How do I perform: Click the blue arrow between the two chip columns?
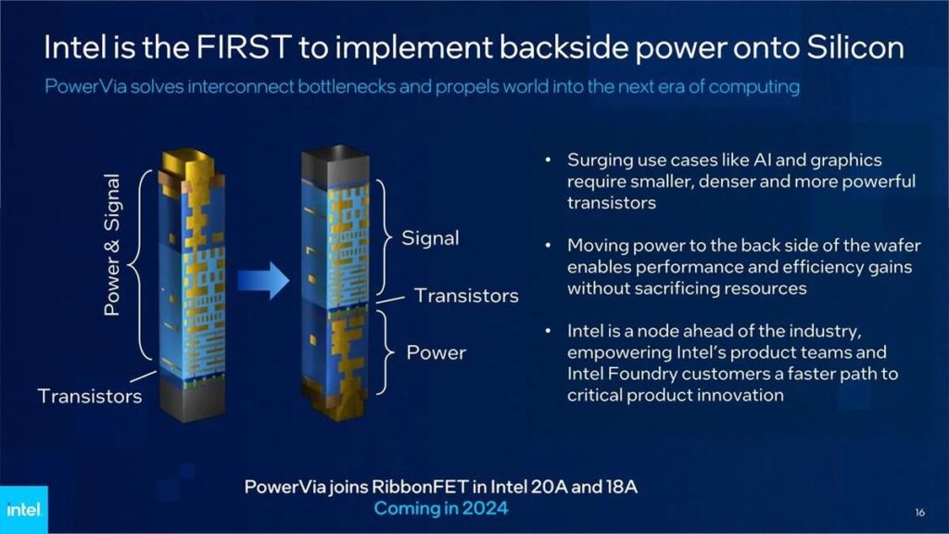coord(263,281)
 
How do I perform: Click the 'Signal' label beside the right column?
coord(430,238)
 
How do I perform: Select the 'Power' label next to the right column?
coord(436,352)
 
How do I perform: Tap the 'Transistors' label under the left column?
coord(90,396)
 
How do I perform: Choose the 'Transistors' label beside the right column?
coord(466,296)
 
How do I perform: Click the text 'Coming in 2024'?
coord(440,509)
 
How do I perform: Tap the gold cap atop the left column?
coord(192,167)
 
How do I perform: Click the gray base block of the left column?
coord(192,400)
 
